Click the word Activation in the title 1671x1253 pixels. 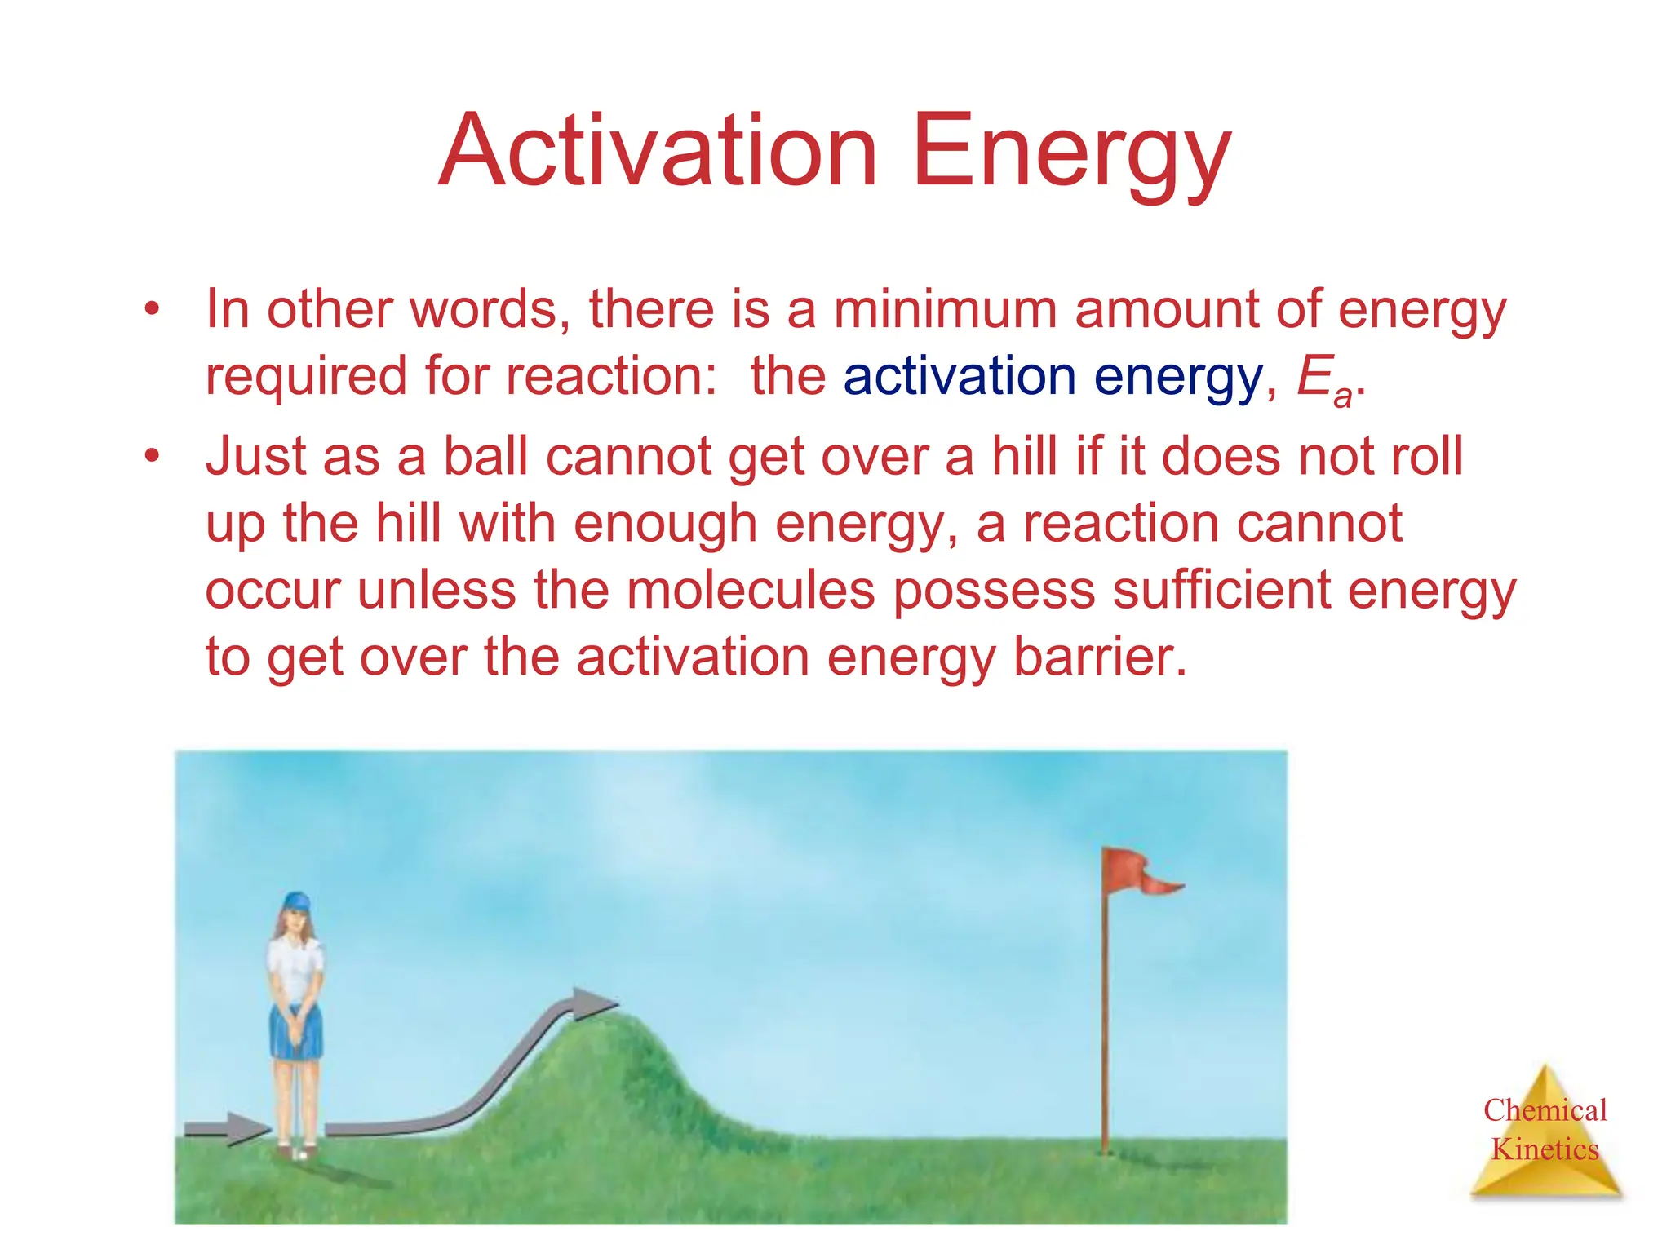(x=658, y=152)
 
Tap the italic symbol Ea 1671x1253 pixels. (x=1323, y=380)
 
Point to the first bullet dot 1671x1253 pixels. (x=152, y=310)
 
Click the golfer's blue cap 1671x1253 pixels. (x=296, y=901)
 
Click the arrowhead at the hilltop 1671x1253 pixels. (x=592, y=1003)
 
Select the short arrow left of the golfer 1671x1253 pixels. (x=225, y=1129)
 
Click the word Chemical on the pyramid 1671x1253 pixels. (x=1545, y=1110)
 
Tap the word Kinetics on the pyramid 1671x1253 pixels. (x=1545, y=1149)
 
